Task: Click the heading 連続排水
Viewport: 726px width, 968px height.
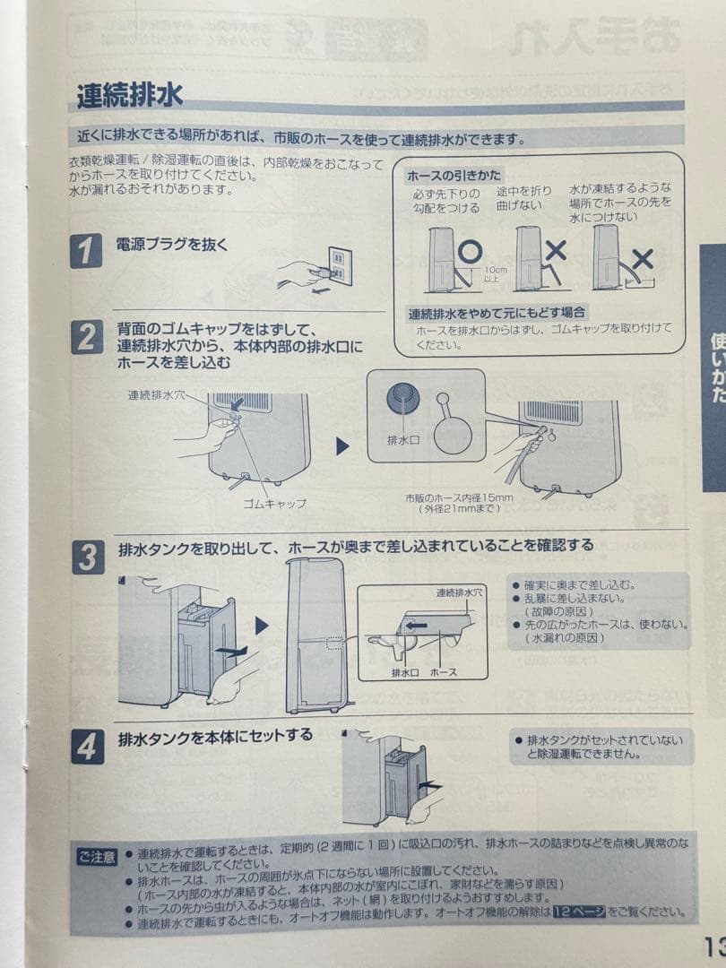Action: point(129,95)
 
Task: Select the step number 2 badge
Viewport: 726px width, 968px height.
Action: point(87,338)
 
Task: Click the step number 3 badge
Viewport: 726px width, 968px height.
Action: point(87,557)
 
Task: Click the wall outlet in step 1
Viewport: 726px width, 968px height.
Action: point(340,266)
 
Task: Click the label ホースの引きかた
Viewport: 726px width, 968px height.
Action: point(454,175)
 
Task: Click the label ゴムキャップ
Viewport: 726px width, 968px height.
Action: point(274,504)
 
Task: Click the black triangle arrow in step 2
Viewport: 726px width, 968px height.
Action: point(341,445)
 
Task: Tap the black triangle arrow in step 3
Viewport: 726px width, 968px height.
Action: point(262,626)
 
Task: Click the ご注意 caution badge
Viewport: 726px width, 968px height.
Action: point(96,857)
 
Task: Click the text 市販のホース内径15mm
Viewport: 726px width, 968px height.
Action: point(460,498)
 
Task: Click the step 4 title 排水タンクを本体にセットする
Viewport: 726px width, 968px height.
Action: point(215,736)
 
